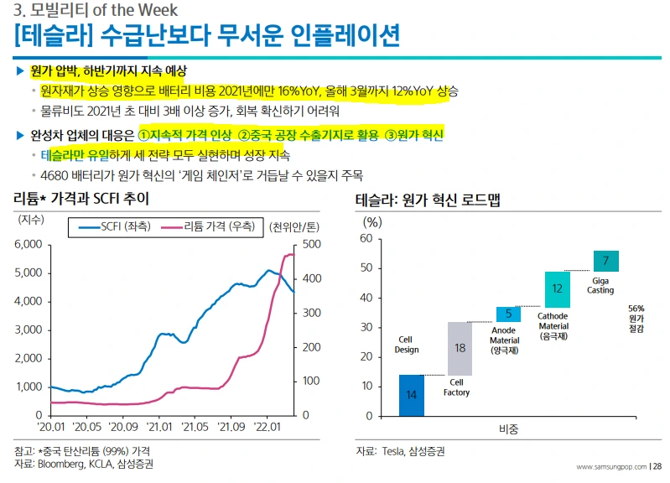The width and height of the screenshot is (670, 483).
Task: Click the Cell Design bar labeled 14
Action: click(x=412, y=395)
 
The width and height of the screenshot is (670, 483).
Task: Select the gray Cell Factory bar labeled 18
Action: click(x=460, y=348)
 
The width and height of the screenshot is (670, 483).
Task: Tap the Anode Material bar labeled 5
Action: click(x=508, y=314)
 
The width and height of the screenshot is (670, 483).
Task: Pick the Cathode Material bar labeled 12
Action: click(x=557, y=288)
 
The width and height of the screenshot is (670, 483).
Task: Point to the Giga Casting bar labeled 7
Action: click(x=605, y=261)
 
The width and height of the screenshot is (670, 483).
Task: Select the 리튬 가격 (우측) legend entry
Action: click(x=210, y=226)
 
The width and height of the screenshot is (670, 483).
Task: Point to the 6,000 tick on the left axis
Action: click(x=28, y=244)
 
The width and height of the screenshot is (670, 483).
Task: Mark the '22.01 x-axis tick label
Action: click(x=267, y=427)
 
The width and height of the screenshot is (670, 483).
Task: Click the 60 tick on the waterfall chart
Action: click(x=366, y=239)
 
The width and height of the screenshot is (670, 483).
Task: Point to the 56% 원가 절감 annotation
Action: click(x=636, y=319)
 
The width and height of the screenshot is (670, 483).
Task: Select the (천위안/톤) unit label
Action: click(x=294, y=226)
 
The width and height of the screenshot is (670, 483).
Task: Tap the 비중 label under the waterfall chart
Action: click(x=508, y=428)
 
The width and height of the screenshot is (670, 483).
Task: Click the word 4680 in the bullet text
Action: click(x=55, y=175)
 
